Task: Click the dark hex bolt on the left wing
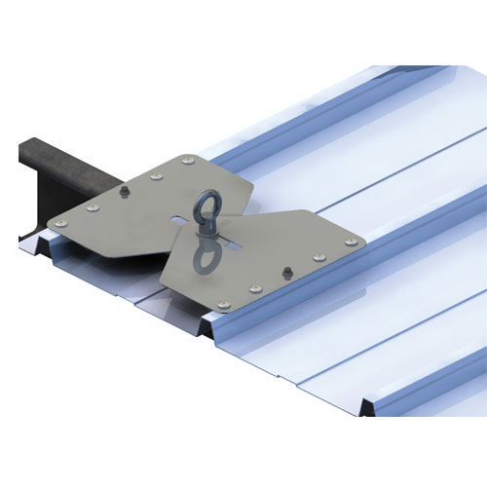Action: tap(124, 194)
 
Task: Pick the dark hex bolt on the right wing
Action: tap(286, 270)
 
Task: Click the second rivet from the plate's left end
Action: tap(92, 206)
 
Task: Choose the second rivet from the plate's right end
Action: tap(318, 257)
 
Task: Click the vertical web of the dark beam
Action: tap(29, 195)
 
